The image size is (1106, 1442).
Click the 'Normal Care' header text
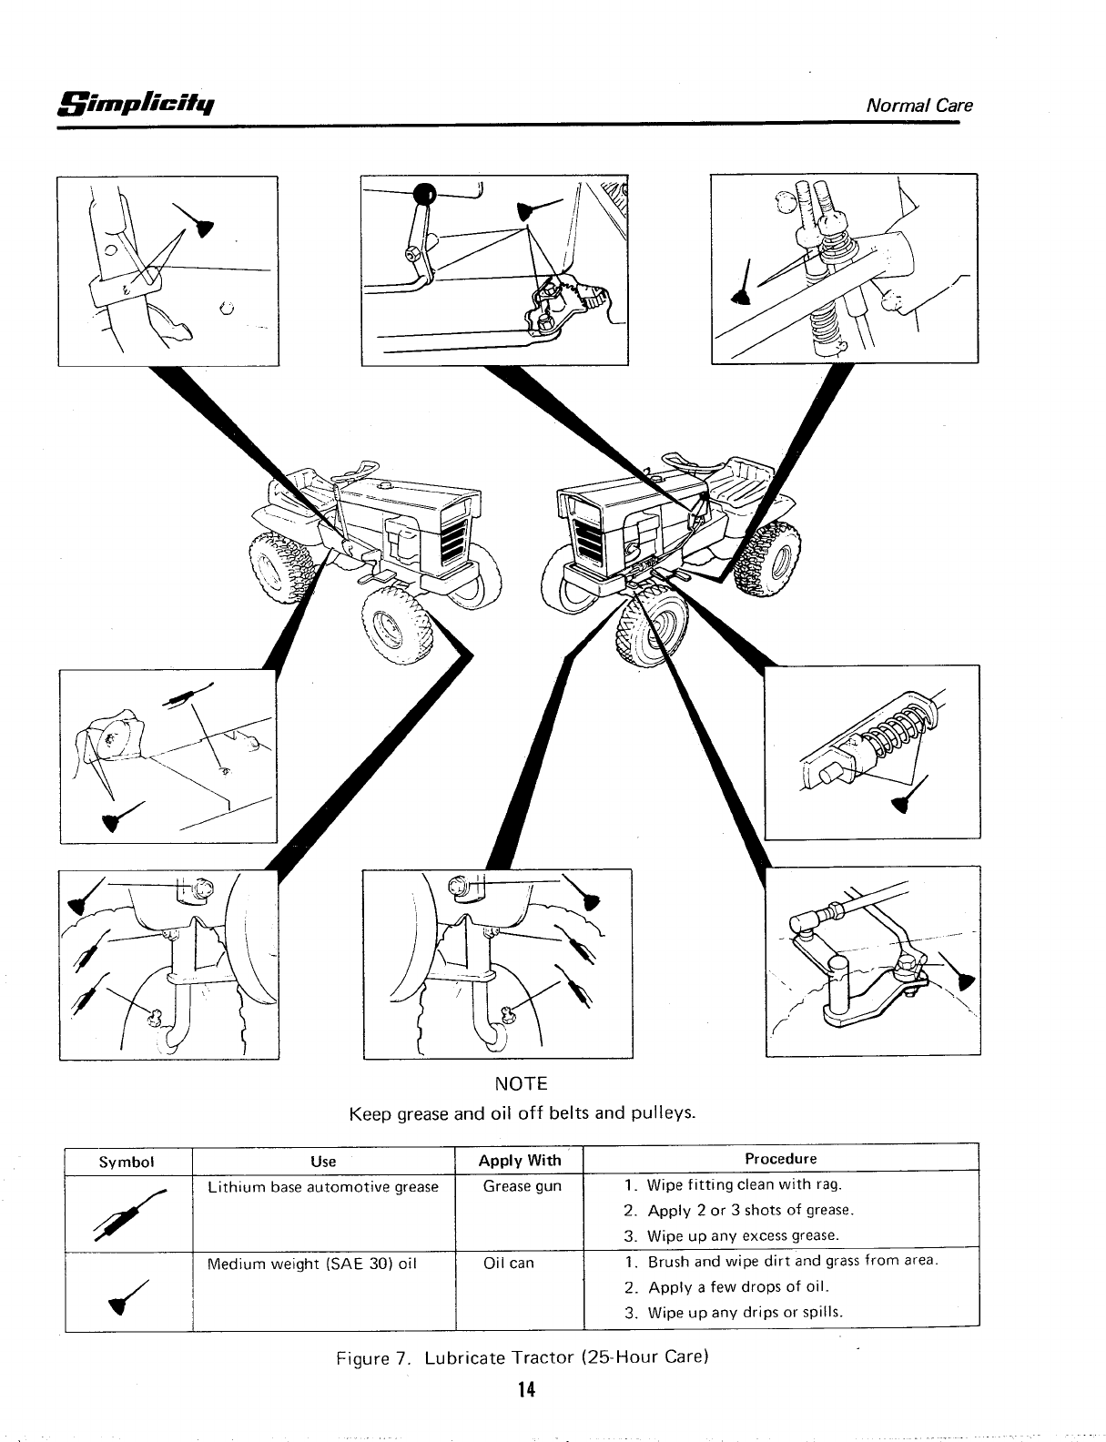coord(920,105)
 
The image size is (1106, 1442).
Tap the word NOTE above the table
coord(521,1084)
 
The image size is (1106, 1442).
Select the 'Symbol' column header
coord(128,1162)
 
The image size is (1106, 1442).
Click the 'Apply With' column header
coord(520,1160)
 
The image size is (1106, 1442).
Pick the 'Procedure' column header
coord(781,1159)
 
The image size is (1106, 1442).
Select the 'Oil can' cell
coord(509,1264)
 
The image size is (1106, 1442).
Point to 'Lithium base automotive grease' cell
coord(323,1187)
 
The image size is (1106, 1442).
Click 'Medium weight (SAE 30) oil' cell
coord(312,1264)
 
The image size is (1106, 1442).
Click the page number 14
coord(523,1389)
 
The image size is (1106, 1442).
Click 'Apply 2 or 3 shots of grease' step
coord(749,1211)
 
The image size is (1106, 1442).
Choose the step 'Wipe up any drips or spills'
coord(746,1312)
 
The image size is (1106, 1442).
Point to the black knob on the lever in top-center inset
coord(424,192)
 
